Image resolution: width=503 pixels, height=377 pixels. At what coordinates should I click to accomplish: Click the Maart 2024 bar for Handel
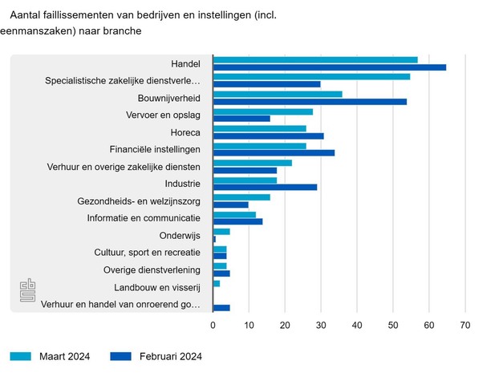coord(315,59)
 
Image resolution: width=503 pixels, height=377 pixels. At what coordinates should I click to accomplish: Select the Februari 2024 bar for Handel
coord(330,67)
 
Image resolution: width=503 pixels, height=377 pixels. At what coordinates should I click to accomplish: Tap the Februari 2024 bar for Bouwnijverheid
coord(310,102)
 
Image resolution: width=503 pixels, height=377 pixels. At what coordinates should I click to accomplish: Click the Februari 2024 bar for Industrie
coord(266,187)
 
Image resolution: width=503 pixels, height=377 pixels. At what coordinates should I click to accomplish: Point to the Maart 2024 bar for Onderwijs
coord(221,232)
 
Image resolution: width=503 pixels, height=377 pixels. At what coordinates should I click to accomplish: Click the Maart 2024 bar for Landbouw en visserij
coord(217,283)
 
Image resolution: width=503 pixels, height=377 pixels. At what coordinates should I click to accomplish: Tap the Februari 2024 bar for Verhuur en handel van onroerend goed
coord(221,307)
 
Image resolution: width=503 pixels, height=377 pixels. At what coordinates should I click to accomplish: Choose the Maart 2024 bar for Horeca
coord(260,128)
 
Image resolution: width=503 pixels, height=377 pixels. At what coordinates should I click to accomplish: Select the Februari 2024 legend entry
coord(156,357)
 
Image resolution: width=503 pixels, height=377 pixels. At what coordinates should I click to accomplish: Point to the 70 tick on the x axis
coord(464,325)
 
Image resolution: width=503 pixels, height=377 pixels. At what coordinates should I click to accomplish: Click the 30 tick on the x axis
coord(321,325)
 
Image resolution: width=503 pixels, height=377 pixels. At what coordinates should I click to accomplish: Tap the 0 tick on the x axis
coord(213,325)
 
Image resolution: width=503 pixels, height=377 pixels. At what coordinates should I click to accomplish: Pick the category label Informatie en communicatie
coord(144,218)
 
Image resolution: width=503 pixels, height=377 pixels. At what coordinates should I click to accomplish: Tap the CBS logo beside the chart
coord(29,292)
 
